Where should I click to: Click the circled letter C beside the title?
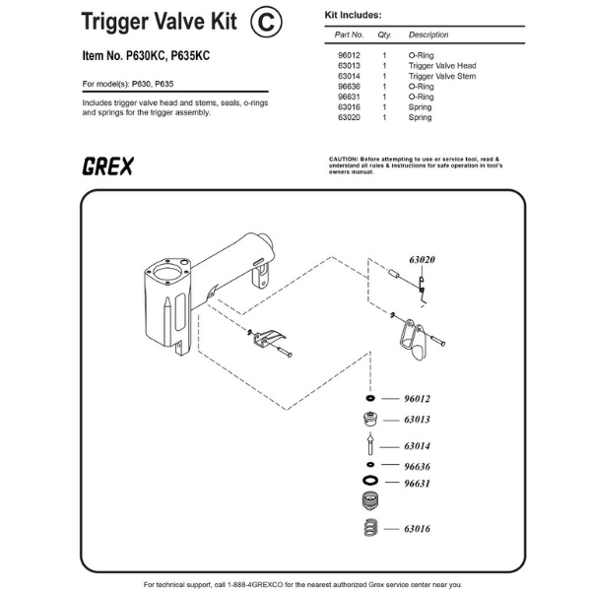(x=266, y=22)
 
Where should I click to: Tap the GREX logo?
(x=107, y=166)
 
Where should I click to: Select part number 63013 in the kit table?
(x=349, y=66)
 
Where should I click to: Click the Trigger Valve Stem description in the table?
(x=442, y=76)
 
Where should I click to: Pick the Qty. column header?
(x=384, y=34)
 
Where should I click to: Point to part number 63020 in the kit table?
(x=349, y=117)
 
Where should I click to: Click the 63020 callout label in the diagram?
(x=423, y=260)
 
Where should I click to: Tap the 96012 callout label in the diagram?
(x=417, y=399)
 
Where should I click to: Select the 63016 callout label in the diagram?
(x=417, y=529)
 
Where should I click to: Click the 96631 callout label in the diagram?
(x=417, y=484)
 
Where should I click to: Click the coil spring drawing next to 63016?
(x=371, y=528)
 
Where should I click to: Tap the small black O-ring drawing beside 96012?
(x=370, y=398)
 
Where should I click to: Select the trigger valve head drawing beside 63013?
(x=370, y=420)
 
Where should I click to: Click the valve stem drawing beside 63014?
(x=370, y=443)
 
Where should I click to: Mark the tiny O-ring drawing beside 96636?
(x=370, y=464)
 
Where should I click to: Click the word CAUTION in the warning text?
(x=343, y=159)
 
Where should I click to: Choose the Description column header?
(x=428, y=34)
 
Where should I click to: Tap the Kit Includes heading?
(x=354, y=15)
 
